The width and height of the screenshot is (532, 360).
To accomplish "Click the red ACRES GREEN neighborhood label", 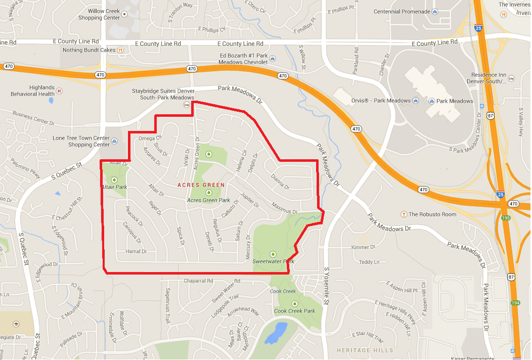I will coord(201,185).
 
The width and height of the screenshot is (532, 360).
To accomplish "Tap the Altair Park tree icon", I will coord(114,180).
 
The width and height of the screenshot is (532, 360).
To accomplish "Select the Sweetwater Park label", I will coord(273,261).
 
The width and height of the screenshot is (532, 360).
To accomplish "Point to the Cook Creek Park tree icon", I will coord(294,303).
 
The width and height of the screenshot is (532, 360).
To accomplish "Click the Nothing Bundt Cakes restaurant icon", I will coord(120,50).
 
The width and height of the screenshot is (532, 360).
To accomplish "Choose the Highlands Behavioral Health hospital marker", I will coord(59,91).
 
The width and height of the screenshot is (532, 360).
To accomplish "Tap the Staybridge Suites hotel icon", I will coord(186,104).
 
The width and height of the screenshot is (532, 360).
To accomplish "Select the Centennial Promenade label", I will coord(402,12).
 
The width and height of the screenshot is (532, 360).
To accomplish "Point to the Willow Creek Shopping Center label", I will coord(99,14).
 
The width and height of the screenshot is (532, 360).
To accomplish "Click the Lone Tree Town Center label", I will coord(81,141).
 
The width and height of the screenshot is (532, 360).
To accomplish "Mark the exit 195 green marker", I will coord(506,217).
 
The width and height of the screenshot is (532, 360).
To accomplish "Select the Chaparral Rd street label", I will coord(198,281).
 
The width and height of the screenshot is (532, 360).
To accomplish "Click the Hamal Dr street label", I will coord(136,251).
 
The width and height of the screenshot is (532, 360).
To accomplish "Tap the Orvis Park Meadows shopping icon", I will coord(416,101).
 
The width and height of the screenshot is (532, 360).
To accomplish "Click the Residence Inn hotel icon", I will coord(511,78).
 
